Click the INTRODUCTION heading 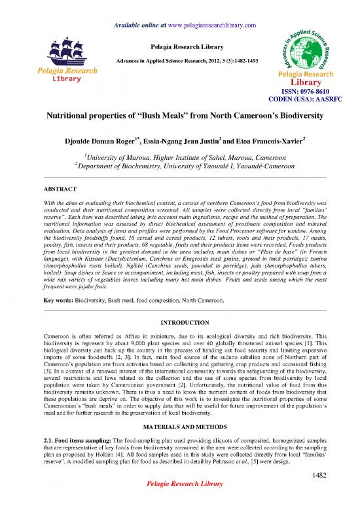[179, 322]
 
